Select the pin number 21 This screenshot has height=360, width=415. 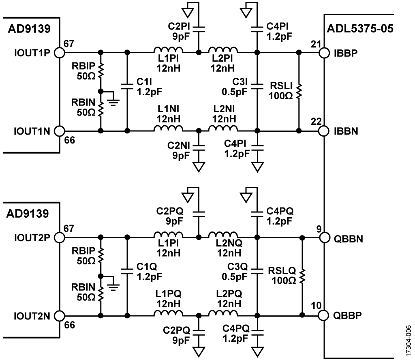coord(313,43)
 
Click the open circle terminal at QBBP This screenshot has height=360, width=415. coord(324,315)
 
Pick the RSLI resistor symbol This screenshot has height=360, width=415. coord(299,92)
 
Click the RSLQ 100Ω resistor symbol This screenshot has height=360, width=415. coord(302,276)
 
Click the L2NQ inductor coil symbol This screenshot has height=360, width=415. coord(223,235)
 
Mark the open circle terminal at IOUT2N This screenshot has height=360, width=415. coord(59,315)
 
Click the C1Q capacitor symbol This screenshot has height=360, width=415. coord(127,270)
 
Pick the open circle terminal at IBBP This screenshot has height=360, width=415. coord(324,53)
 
